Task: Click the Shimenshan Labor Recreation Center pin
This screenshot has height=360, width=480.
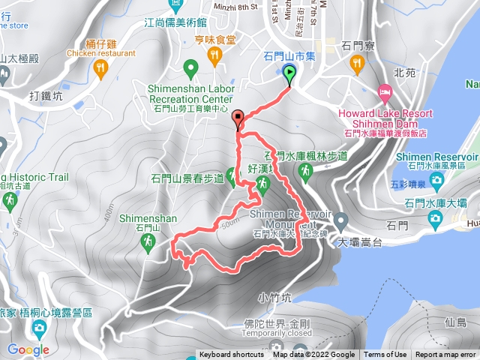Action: [190, 70]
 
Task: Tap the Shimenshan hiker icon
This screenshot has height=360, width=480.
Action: [147, 241]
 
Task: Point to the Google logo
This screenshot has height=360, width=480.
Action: [28, 349]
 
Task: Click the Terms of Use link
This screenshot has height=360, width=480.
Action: [385, 355]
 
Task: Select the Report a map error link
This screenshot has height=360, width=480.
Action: [445, 355]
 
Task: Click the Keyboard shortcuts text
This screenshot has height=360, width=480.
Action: [232, 355]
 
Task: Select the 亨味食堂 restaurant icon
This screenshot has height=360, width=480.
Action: [214, 54]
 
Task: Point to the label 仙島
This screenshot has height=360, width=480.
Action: [455, 322]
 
